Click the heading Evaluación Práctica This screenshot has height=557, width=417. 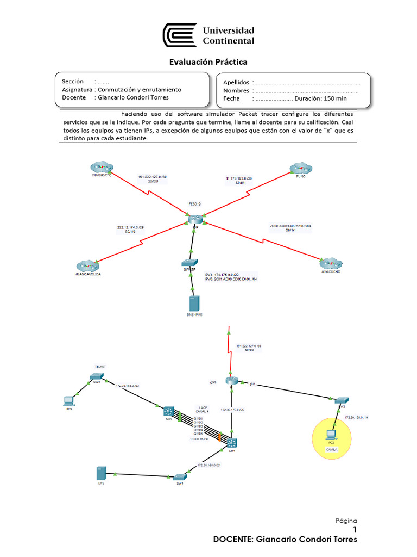pyautogui.click(x=208, y=62)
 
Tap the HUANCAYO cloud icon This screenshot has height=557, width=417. pyautogui.click(x=102, y=167)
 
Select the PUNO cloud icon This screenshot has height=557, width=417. pyautogui.click(x=299, y=167)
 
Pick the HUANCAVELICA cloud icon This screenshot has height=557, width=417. pyautogui.click(x=88, y=266)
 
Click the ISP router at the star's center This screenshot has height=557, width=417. pyautogui.click(x=194, y=218)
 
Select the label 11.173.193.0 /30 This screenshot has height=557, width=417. pyautogui.click(x=239, y=178)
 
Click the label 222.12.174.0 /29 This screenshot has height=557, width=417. pyautogui.click(x=131, y=227)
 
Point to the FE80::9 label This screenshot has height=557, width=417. pyautogui.click(x=194, y=204)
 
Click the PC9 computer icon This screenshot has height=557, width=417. pyautogui.click(x=69, y=401)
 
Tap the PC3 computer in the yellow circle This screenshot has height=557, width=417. pyautogui.click(x=330, y=434)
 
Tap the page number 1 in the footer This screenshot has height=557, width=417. pyautogui.click(x=355, y=529)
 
